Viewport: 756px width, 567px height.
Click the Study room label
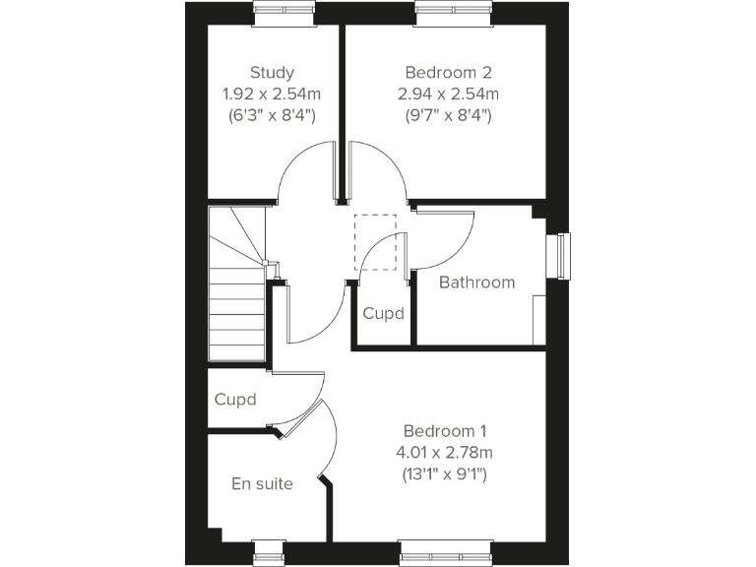pyautogui.click(x=272, y=72)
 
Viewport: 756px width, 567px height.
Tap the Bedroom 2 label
pyautogui.click(x=448, y=72)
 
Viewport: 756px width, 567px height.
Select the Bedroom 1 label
pyautogui.click(x=445, y=431)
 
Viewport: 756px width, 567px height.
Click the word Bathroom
pyautogui.click(x=476, y=283)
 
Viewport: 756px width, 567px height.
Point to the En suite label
pyautogui.click(x=262, y=483)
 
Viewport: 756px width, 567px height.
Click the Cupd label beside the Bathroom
pyautogui.click(x=383, y=314)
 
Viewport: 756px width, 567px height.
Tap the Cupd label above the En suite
pyautogui.click(x=235, y=400)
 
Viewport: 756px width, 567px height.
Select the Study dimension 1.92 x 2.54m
pyautogui.click(x=272, y=94)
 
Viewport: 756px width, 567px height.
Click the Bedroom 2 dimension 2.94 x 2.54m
pyautogui.click(x=448, y=94)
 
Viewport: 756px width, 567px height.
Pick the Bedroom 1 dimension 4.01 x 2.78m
pyautogui.click(x=446, y=453)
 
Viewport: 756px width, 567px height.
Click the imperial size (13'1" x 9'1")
pyautogui.click(x=446, y=474)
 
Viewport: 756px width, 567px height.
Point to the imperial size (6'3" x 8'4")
pyautogui.click(x=272, y=115)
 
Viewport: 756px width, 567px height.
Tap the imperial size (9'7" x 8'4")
pyautogui.click(x=448, y=115)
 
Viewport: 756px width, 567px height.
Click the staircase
pyautogui.click(x=238, y=285)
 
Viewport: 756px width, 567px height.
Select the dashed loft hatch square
pyautogui.click(x=375, y=241)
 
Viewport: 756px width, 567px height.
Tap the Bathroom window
pyautogui.click(x=562, y=255)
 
